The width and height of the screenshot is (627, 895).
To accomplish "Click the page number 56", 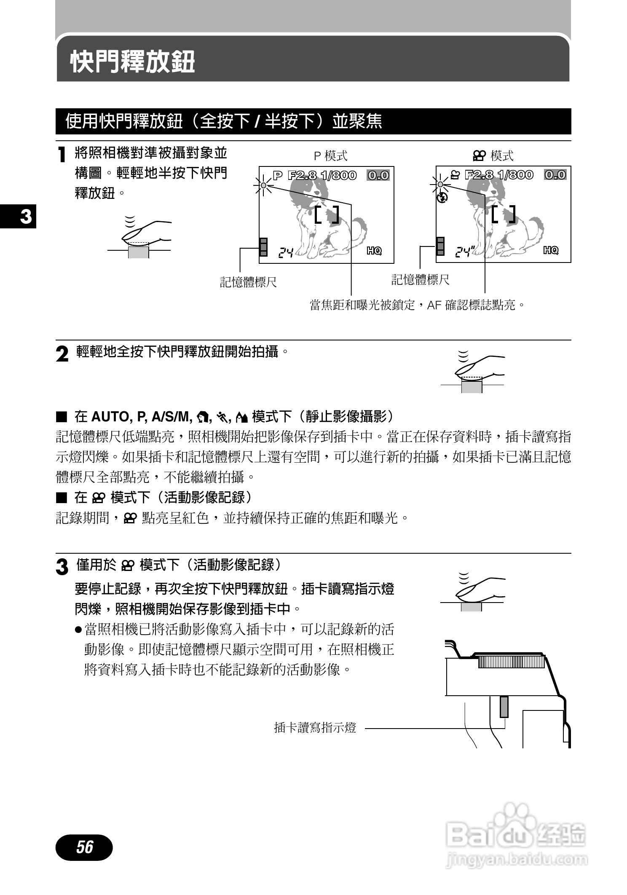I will click(84, 847).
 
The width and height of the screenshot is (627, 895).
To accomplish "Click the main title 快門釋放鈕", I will click(132, 62).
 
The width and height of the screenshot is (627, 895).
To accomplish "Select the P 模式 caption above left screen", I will click(331, 156).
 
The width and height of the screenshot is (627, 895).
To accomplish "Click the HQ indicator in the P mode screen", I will click(374, 251).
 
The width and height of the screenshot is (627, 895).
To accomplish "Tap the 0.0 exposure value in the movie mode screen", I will click(555, 175).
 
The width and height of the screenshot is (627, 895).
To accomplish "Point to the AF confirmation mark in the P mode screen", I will click(263, 185).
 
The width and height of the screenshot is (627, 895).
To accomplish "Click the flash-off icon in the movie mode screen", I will click(442, 197).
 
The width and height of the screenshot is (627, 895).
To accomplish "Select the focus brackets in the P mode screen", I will click(327, 215).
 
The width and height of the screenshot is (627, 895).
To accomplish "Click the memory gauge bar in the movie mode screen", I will click(440, 246).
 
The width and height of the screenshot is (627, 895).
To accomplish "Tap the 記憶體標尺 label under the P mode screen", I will click(249, 282).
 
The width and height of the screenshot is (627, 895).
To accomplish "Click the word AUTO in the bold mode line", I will click(110, 417).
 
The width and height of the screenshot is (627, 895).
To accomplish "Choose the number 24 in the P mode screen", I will click(286, 252).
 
